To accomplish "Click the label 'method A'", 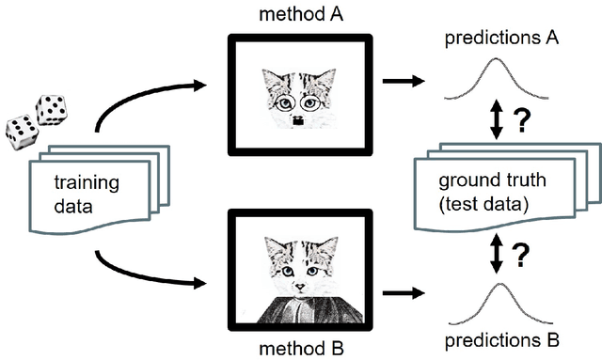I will [302, 13].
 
